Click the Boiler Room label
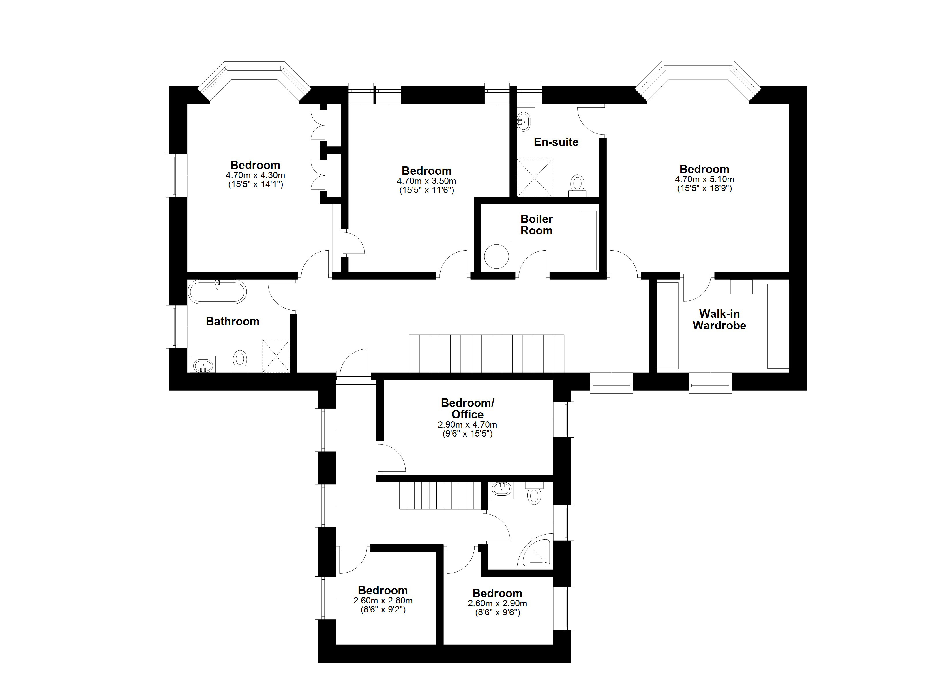pos(537,225)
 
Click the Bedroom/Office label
pos(468,408)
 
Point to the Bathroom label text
pos(233,321)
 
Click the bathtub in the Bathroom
pos(217,292)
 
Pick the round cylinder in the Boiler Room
pos(496,255)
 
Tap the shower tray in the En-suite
pos(534,178)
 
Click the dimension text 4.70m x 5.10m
pos(704,179)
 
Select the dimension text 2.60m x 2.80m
pos(383,601)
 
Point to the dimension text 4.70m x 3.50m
pos(426,181)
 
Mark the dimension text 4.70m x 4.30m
pos(255,175)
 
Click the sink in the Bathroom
pos(203,364)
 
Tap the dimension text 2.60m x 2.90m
pos(497,603)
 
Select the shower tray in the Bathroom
pos(276,356)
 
